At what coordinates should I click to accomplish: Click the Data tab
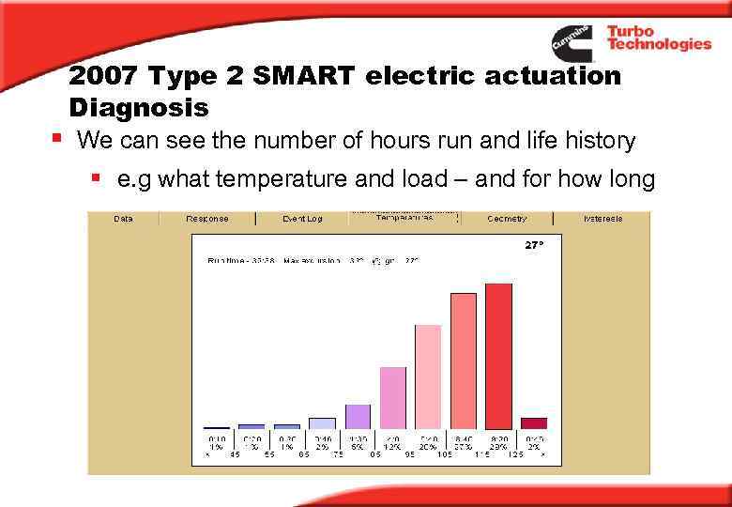[123, 219]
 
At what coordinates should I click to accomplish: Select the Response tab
[206, 219]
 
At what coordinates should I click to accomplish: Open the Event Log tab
[301, 219]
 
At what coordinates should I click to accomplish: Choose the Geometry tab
[507, 219]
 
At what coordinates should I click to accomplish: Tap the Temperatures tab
[404, 218]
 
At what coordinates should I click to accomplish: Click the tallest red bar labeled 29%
[498, 356]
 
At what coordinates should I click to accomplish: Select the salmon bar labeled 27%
[464, 361]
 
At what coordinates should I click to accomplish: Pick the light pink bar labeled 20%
[428, 376]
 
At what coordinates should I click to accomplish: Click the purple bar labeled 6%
[358, 416]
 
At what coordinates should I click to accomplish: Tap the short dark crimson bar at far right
[534, 423]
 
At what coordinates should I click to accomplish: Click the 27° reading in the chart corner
[533, 244]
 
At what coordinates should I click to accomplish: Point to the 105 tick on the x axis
[445, 454]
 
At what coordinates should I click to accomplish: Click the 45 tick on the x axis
[235, 454]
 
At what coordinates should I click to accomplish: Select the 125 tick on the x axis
[515, 454]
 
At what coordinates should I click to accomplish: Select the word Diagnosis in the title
[138, 107]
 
